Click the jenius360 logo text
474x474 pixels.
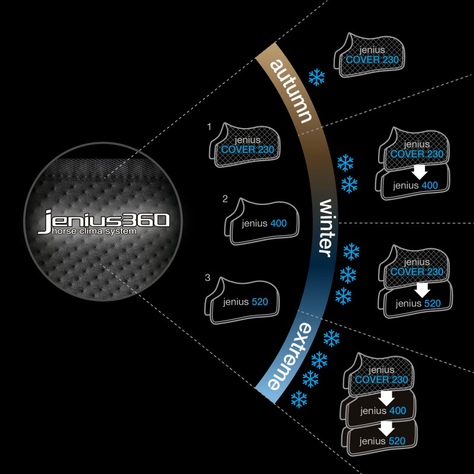point(103,220)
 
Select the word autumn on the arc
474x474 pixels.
point(290,91)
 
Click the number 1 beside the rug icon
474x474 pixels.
point(209,127)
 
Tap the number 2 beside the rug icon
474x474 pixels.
point(225,199)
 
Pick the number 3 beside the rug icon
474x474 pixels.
point(207,277)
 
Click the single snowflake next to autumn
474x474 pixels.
point(316,77)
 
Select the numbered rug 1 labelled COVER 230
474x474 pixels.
point(245,145)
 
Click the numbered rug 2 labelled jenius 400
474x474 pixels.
point(262,222)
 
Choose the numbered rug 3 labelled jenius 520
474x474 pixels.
point(242,301)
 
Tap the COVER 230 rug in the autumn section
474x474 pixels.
point(369,55)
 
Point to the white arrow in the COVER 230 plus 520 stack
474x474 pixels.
point(422,290)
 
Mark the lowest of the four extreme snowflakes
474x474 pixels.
point(299,399)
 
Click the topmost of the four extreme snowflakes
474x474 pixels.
point(331,338)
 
